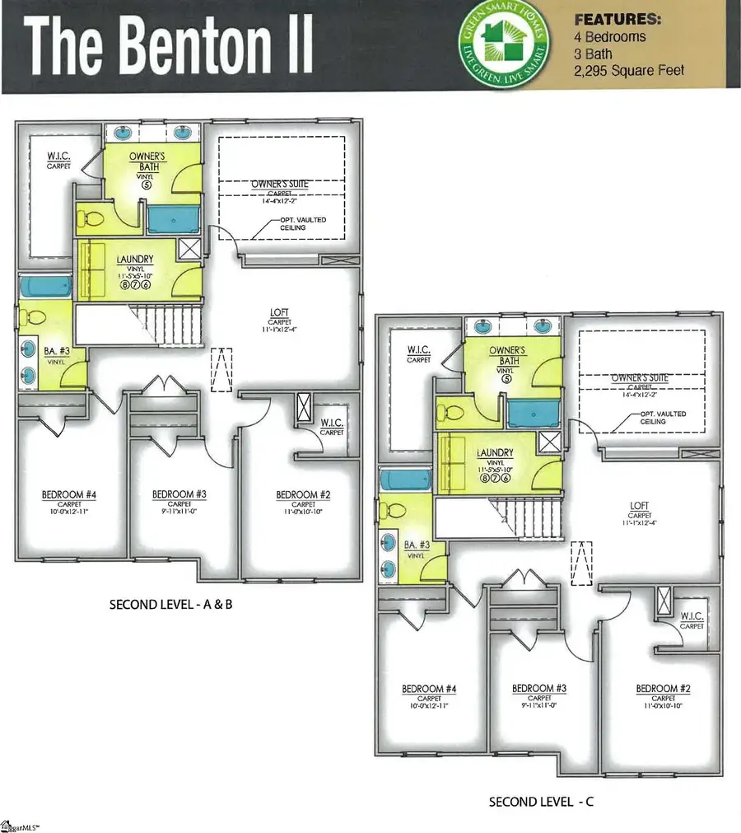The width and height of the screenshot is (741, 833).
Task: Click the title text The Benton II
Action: [169, 46]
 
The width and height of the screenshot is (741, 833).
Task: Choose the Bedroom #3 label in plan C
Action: [539, 688]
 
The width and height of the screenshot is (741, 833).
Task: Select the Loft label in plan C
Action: [639, 506]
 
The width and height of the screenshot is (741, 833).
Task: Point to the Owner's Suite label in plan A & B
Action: [281, 182]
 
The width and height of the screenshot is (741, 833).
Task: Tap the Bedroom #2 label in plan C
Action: [663, 688]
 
